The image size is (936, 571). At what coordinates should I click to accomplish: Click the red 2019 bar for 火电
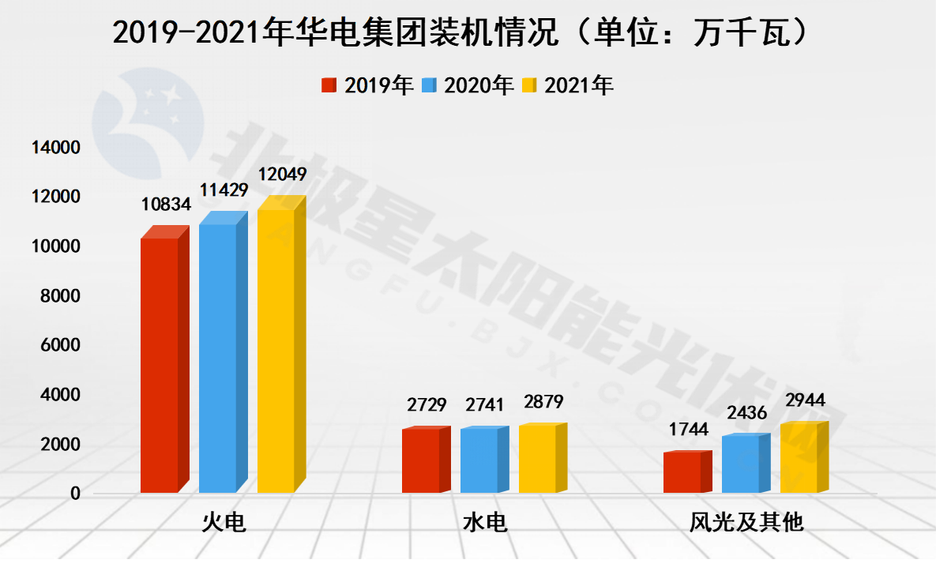point(160,365)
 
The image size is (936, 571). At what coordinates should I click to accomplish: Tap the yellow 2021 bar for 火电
point(276,351)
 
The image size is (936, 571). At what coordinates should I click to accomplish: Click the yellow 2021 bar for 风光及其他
point(799,458)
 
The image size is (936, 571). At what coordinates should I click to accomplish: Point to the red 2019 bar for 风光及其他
point(682,472)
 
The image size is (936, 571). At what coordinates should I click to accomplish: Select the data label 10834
point(166,205)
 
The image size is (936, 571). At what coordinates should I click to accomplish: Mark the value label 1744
point(689,430)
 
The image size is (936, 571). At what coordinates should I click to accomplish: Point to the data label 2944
point(805,400)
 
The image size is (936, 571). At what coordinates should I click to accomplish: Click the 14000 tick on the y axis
point(55,147)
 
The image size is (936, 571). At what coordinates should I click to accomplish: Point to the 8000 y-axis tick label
point(59,295)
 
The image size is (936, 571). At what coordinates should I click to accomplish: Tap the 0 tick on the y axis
point(75,493)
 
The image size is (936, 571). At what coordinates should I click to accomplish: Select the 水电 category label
point(484,523)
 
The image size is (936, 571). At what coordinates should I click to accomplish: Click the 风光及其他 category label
point(746,523)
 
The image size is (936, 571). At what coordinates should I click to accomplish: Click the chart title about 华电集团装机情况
point(462,33)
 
